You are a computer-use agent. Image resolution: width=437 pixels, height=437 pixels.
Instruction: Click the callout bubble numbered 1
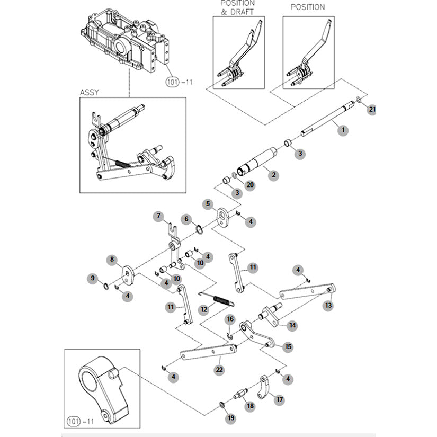pyautogui.click(x=343, y=130)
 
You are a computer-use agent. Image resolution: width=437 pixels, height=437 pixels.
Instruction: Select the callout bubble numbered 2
pyautogui.click(x=273, y=174)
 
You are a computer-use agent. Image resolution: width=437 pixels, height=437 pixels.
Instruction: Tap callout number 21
pyautogui.click(x=372, y=110)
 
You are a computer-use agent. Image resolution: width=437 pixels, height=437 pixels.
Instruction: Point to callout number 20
pyautogui.click(x=250, y=185)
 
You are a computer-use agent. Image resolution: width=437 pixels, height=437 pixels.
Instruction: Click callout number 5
pyautogui.click(x=208, y=204)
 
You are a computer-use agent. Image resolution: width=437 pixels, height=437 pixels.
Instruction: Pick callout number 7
pyautogui.click(x=157, y=216)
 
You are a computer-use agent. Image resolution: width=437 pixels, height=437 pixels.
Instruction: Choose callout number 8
pyautogui.click(x=112, y=260)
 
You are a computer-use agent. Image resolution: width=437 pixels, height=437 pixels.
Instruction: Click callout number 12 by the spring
pyautogui.click(x=203, y=309)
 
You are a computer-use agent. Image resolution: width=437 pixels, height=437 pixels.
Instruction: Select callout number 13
pyautogui.click(x=328, y=306)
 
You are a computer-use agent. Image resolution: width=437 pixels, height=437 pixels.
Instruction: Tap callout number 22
pyautogui.click(x=219, y=370)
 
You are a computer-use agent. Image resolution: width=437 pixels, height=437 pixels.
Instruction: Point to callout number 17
pyautogui.click(x=279, y=400)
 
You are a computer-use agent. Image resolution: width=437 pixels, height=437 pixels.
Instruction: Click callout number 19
pyautogui.click(x=230, y=418)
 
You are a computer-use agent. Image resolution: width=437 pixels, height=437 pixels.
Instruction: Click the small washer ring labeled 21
pyautogui.click(x=360, y=100)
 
